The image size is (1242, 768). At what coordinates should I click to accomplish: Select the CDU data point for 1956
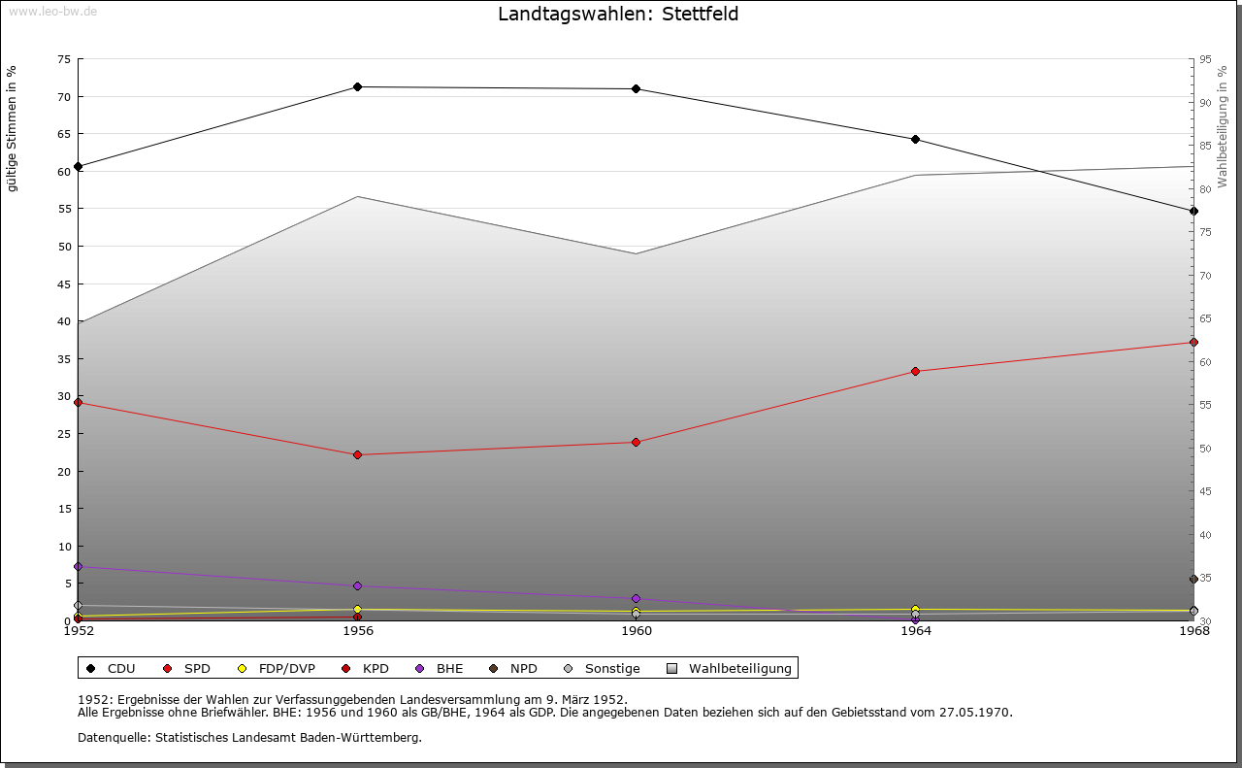pos(357,87)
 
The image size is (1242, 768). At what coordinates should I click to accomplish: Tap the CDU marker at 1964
pos(915,139)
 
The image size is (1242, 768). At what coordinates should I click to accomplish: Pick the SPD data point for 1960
pos(636,442)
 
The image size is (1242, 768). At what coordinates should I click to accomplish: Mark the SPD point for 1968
pos(1193,342)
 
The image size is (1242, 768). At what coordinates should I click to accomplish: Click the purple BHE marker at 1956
pos(357,585)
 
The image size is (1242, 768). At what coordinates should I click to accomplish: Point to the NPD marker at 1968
pos(1193,580)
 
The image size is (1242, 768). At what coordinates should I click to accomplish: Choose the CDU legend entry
pos(112,668)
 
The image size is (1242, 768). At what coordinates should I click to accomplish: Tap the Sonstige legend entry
pos(602,668)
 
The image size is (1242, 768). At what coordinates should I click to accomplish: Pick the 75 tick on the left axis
pos(63,59)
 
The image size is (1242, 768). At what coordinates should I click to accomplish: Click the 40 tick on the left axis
pos(63,321)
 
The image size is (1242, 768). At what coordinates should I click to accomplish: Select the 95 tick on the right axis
pos(1205,59)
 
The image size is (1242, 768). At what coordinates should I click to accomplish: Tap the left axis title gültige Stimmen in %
pos(13,128)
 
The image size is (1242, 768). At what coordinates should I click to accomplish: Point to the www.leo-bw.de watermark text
pos(51,10)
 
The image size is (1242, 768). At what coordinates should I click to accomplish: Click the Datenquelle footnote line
pos(249,737)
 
